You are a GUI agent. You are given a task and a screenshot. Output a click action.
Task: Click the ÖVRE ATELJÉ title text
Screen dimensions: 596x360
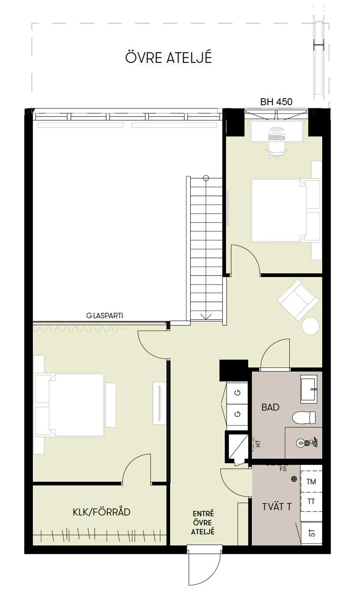(x=168, y=58)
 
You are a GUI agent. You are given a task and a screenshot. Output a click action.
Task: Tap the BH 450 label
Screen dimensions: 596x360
(x=276, y=102)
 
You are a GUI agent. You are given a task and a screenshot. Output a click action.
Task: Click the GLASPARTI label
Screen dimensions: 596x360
(x=105, y=316)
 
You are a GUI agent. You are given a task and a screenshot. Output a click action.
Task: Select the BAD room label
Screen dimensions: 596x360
(x=270, y=407)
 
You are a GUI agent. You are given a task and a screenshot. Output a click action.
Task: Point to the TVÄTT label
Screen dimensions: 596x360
(x=276, y=507)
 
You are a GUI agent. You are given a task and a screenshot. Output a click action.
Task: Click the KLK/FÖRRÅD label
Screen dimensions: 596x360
(x=102, y=512)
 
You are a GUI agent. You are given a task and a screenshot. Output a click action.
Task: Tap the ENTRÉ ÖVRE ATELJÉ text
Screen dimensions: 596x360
(x=203, y=523)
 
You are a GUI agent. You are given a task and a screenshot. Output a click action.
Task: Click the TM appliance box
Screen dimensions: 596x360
(x=311, y=481)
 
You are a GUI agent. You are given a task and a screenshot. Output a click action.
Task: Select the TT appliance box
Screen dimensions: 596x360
(x=311, y=501)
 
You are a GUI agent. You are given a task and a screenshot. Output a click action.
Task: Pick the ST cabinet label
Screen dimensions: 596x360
(x=312, y=533)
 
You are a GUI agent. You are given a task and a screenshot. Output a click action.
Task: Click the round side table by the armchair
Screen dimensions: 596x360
(x=310, y=326)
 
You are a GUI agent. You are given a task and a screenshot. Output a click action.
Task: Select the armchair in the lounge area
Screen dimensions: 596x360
(x=298, y=300)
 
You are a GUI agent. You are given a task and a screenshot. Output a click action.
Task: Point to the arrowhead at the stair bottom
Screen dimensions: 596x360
(x=206, y=316)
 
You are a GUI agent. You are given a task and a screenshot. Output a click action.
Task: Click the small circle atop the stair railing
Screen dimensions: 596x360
(x=206, y=178)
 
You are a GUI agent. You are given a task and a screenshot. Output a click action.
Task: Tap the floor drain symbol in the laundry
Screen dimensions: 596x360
(x=294, y=479)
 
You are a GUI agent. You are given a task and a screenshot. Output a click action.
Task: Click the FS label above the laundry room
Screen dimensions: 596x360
(x=283, y=469)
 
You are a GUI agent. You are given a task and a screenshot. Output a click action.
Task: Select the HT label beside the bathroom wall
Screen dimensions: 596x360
(x=257, y=443)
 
